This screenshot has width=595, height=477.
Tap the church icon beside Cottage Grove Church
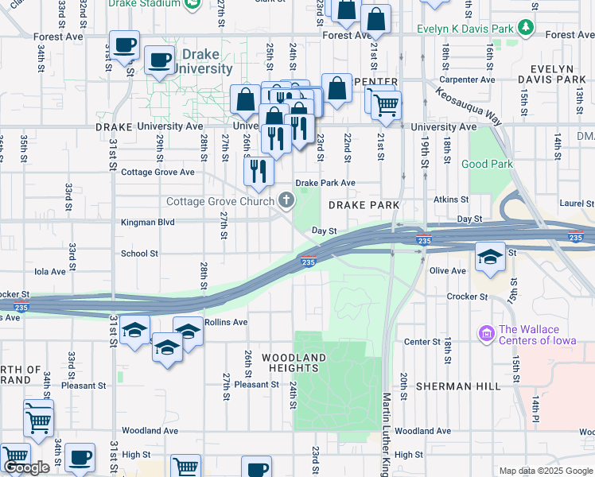286,202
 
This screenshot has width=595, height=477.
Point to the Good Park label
486,165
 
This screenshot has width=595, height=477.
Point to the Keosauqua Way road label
469,105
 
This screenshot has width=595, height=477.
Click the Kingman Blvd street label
147,223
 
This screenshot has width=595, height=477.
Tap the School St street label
139,254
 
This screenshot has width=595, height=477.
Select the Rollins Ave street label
227,322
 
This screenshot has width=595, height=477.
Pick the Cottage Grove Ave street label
157,172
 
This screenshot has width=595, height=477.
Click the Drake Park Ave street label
325,183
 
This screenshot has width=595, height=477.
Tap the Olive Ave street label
447,271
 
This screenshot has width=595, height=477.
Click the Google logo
27,467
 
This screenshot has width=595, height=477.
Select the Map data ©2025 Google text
545,471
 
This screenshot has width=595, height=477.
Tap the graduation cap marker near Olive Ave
490,256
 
